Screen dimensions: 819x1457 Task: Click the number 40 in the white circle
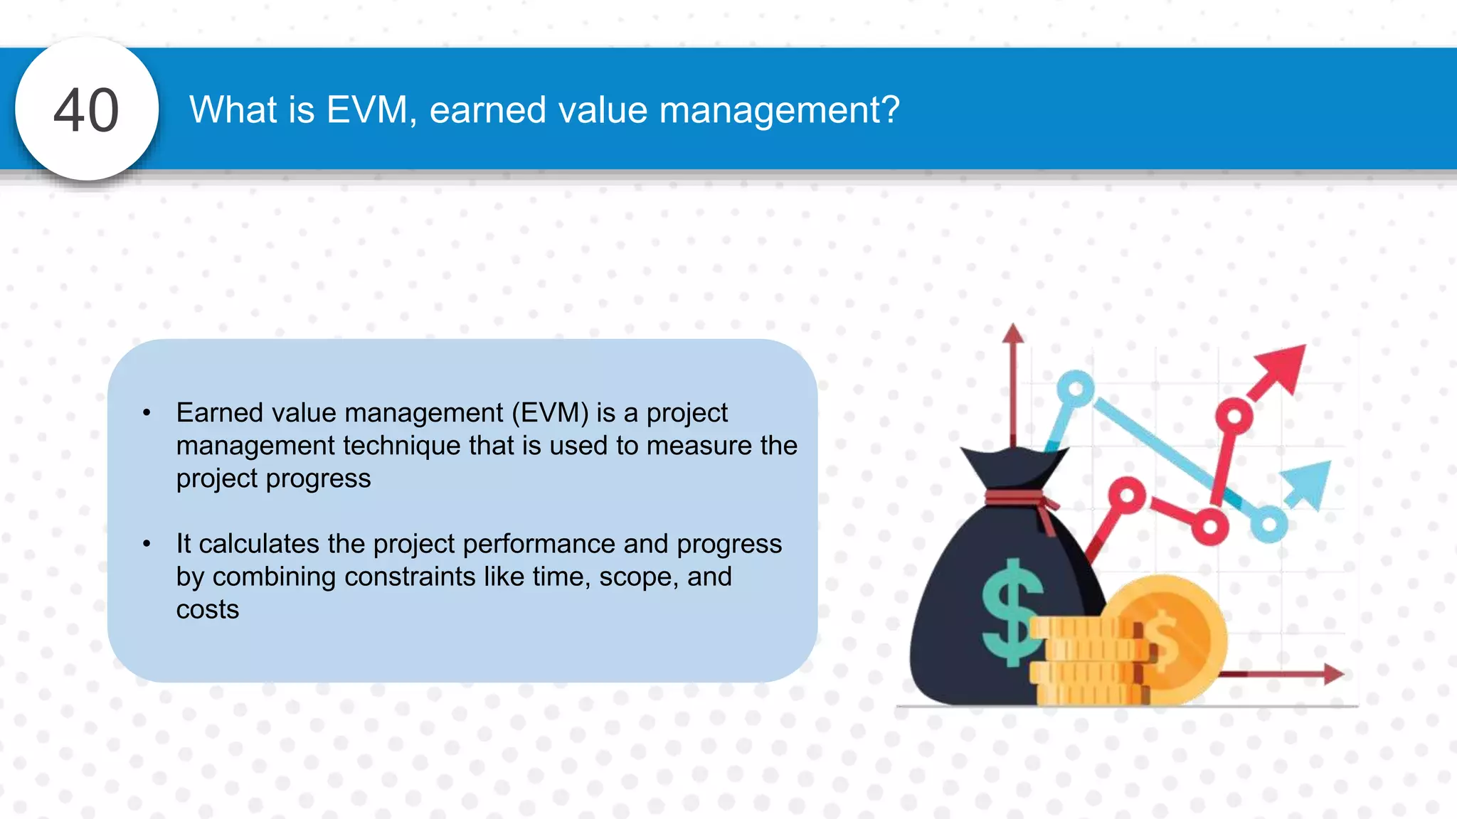click(x=86, y=110)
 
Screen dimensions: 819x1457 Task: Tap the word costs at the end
click(x=208, y=609)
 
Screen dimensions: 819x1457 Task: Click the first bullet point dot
click(x=147, y=413)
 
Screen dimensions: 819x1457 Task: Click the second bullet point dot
click(x=147, y=544)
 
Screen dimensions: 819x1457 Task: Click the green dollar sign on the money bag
click(x=1012, y=611)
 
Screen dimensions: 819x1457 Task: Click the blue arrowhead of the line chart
click(x=1310, y=483)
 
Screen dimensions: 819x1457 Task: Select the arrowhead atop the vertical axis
click(x=1012, y=333)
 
